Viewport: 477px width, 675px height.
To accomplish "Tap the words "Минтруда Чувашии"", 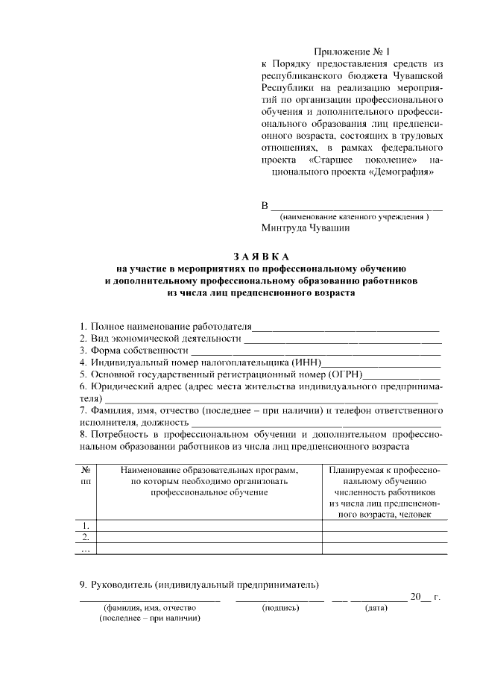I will click(x=306, y=229).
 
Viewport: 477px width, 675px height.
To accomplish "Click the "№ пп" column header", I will click(x=86, y=476).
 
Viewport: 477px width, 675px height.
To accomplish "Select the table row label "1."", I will click(x=86, y=525).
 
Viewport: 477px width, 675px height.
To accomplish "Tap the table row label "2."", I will click(x=86, y=537).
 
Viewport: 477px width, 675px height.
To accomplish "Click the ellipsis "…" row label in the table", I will click(x=86, y=549).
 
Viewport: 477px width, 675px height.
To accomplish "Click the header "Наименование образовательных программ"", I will click(x=209, y=470).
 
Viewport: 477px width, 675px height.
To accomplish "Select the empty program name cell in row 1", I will click(x=209, y=525).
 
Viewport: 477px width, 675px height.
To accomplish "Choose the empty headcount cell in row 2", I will click(x=384, y=537).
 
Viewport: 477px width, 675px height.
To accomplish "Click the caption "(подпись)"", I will click(x=280, y=609).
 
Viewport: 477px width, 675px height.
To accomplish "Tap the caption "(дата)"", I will click(x=375, y=609).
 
